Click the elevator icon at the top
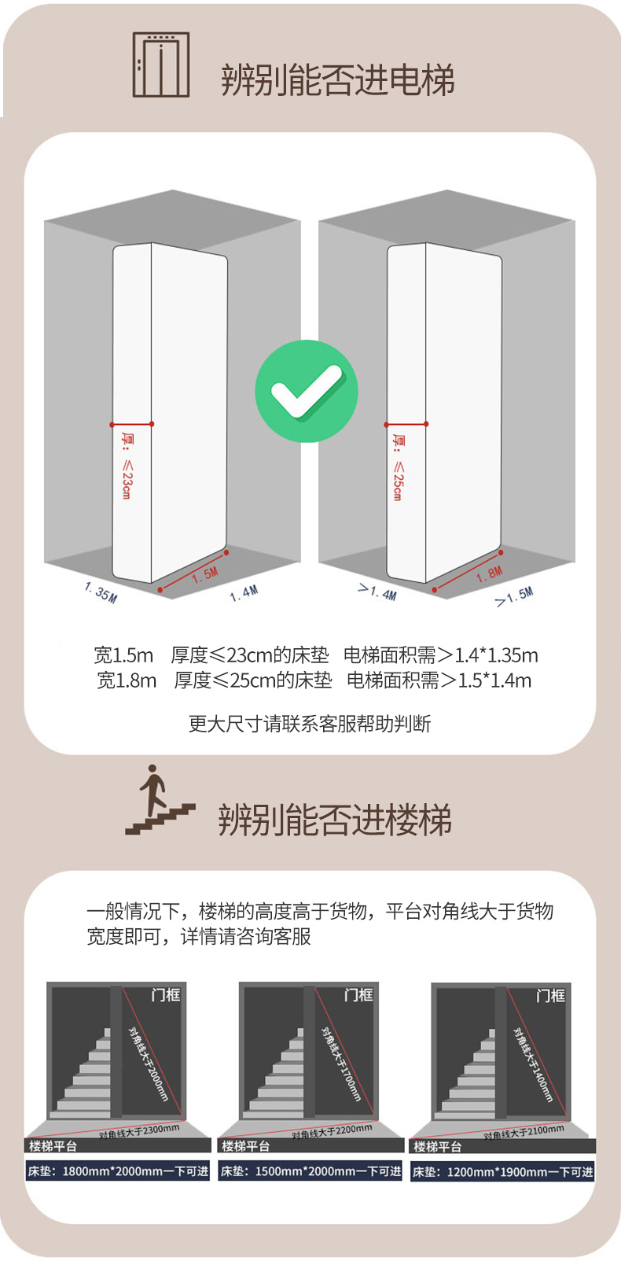point(160,65)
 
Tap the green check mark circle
point(307,391)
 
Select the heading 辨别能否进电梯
point(338,80)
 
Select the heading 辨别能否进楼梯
point(336,820)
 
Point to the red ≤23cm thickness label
point(127,466)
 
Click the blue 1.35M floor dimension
point(101,592)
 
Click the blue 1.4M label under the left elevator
point(244,593)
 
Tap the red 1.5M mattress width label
point(205,575)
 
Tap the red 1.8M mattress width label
point(489,574)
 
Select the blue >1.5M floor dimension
point(514,597)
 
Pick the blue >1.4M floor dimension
point(377,592)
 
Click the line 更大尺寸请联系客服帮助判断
point(310,724)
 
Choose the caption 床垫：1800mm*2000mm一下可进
point(118,1171)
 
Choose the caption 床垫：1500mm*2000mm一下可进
point(310,1171)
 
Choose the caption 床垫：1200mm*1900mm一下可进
point(502,1171)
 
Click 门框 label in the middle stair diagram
point(358,995)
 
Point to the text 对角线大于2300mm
point(139,1131)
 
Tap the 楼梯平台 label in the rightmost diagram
point(437,1146)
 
